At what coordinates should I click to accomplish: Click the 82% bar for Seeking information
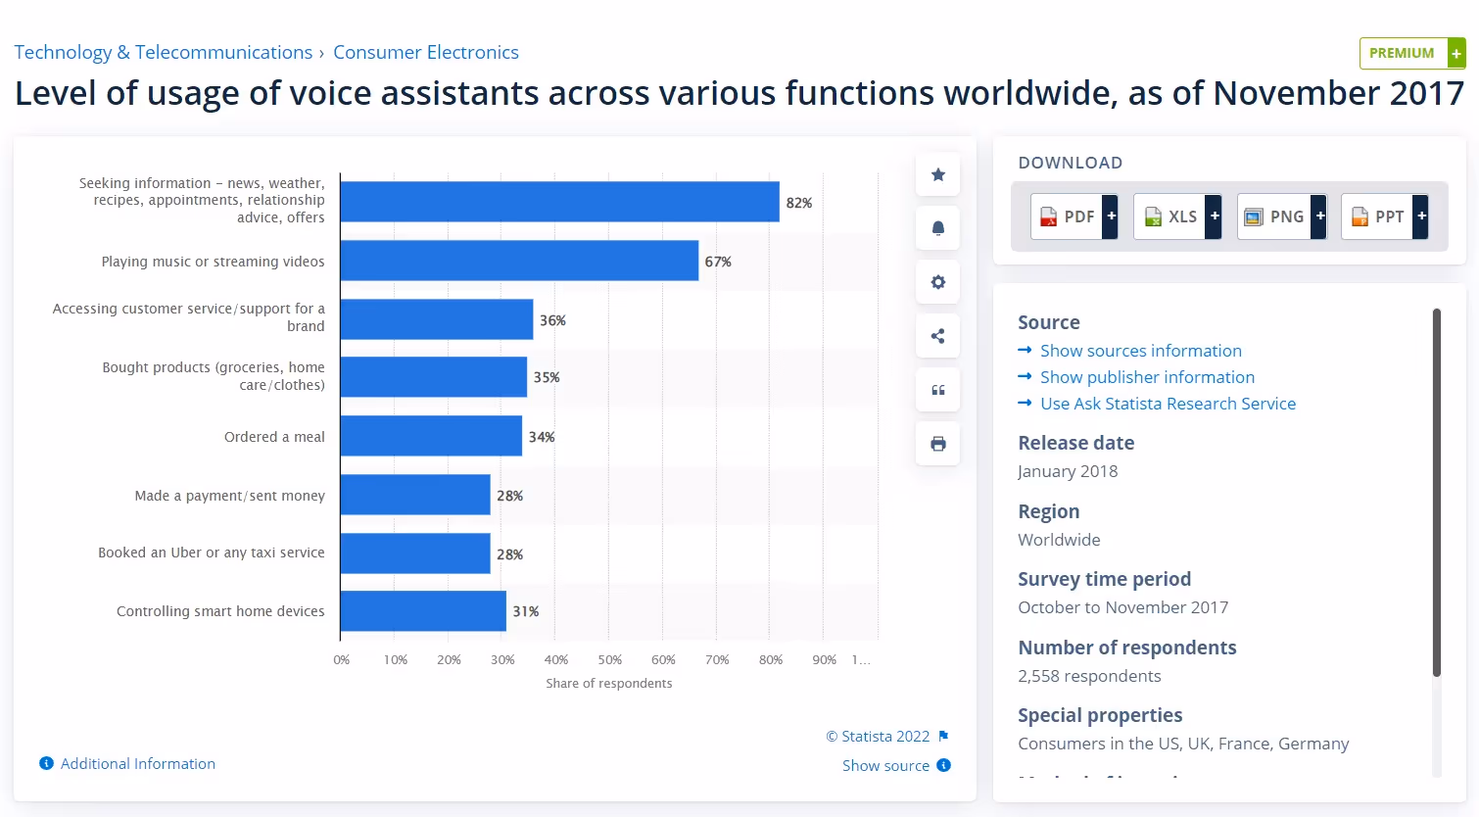tap(559, 202)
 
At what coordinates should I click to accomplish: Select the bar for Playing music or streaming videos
tap(519, 261)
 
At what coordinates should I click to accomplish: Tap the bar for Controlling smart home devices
tap(423, 611)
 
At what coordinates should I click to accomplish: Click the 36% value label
tap(552, 320)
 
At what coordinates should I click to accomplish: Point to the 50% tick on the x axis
tap(609, 660)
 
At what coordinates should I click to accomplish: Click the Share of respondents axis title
tap(608, 684)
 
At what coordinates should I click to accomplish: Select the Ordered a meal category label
tap(274, 437)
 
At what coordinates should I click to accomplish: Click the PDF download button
tap(1073, 216)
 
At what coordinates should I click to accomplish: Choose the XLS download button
tap(1176, 216)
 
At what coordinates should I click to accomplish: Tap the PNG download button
tap(1281, 216)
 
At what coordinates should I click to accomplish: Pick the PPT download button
tap(1384, 216)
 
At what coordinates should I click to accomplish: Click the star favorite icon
tap(937, 174)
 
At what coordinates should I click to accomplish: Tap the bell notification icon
tap(937, 228)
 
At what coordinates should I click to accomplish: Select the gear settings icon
tap(937, 282)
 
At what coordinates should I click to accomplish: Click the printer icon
tap(937, 444)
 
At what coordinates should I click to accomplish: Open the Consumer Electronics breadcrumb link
tap(426, 53)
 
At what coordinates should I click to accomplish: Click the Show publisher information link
tap(1147, 377)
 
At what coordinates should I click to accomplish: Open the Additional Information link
tap(137, 764)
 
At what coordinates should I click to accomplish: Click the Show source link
tap(885, 766)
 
